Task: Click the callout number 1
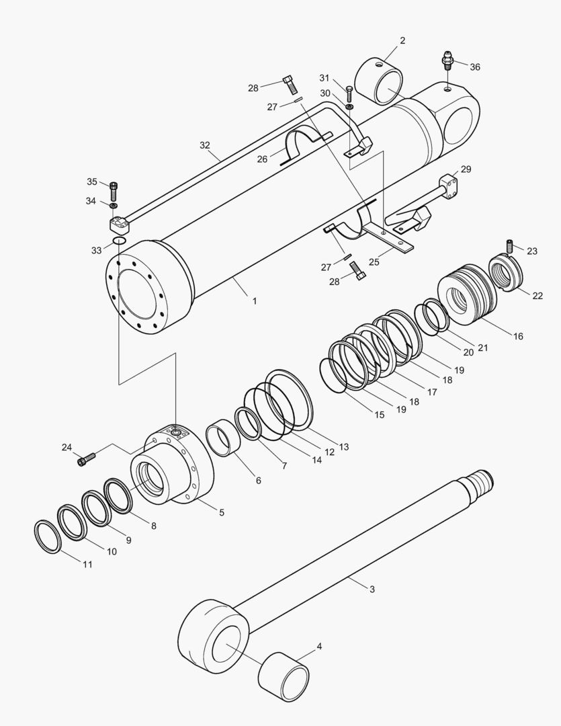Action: pyautogui.click(x=255, y=301)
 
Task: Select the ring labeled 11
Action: pyautogui.click(x=48, y=536)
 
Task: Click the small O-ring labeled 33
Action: pyautogui.click(x=119, y=241)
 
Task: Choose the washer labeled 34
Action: pyautogui.click(x=114, y=204)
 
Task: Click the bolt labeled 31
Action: pyautogui.click(x=349, y=92)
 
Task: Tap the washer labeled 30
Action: pyautogui.click(x=350, y=106)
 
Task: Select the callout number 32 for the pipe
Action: pyautogui.click(x=205, y=145)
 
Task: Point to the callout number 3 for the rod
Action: pyautogui.click(x=372, y=590)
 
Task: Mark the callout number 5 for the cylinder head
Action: pyautogui.click(x=222, y=512)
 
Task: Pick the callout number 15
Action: pyautogui.click(x=380, y=415)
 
